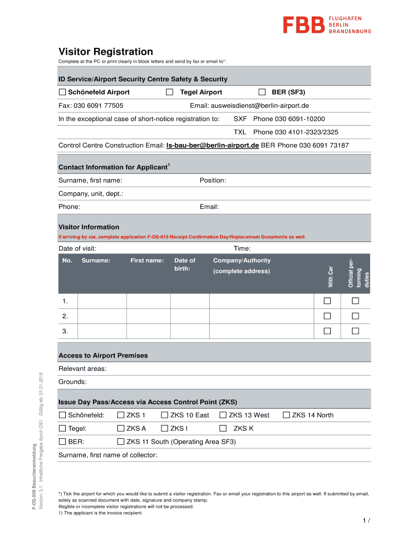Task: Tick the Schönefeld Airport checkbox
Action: click(x=62, y=92)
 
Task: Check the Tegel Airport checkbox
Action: click(x=169, y=92)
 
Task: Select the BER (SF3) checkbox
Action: click(x=262, y=92)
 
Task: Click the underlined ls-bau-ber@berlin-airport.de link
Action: click(x=212, y=145)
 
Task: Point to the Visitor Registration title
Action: click(x=106, y=52)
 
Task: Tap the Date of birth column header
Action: click(x=185, y=265)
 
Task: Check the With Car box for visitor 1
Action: click(x=328, y=301)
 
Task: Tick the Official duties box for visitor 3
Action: click(x=355, y=331)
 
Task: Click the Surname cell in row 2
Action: click(x=102, y=316)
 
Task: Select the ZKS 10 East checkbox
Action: click(x=165, y=415)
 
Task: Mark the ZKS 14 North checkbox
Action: click(x=287, y=415)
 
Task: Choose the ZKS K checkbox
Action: click(x=223, y=428)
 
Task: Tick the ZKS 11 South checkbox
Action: click(x=121, y=441)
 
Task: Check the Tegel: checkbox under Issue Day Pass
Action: click(x=62, y=428)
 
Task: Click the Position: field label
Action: click(x=212, y=181)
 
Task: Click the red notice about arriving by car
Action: click(x=181, y=237)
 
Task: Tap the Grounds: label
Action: click(x=72, y=382)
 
